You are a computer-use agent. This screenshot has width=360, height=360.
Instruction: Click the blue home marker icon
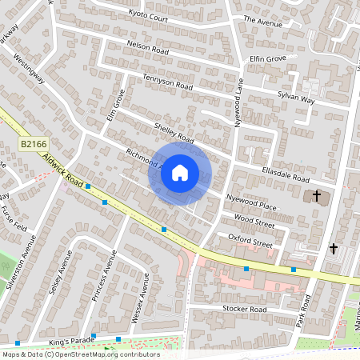180,173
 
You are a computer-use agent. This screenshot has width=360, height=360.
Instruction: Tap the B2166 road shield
30,143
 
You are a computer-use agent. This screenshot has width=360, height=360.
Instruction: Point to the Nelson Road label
149,48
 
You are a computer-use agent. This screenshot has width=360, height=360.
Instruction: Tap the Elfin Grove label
267,58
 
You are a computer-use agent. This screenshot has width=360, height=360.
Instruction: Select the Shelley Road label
175,133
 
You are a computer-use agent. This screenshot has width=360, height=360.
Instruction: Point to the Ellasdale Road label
286,175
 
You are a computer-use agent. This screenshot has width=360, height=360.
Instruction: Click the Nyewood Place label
251,201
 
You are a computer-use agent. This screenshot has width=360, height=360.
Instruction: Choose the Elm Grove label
116,106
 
